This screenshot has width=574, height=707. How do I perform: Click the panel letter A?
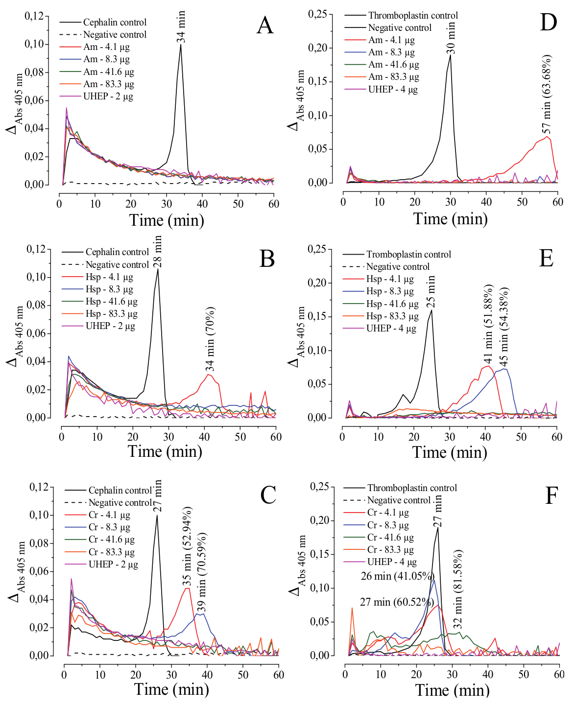[x=265, y=25]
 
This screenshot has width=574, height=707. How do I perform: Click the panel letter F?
[x=551, y=495]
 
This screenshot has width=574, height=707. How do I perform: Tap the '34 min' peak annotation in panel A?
[x=182, y=27]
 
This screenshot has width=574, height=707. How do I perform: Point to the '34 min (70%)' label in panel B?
[x=210, y=339]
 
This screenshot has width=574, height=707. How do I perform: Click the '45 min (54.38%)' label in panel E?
[x=504, y=327]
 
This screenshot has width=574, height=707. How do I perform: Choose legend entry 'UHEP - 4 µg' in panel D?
[x=393, y=89]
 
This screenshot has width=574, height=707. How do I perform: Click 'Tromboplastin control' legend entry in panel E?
[x=408, y=254]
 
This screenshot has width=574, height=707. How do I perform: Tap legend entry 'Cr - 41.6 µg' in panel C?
[x=111, y=540]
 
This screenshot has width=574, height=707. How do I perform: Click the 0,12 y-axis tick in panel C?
[x=39, y=487]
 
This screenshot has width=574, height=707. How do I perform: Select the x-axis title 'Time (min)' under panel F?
[x=452, y=690]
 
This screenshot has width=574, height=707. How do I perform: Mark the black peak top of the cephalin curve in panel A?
[x=181, y=45]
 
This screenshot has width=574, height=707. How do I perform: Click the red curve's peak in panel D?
[x=548, y=137]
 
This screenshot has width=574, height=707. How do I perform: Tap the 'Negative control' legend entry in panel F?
[x=399, y=500]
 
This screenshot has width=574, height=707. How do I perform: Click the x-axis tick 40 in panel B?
[x=204, y=437]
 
